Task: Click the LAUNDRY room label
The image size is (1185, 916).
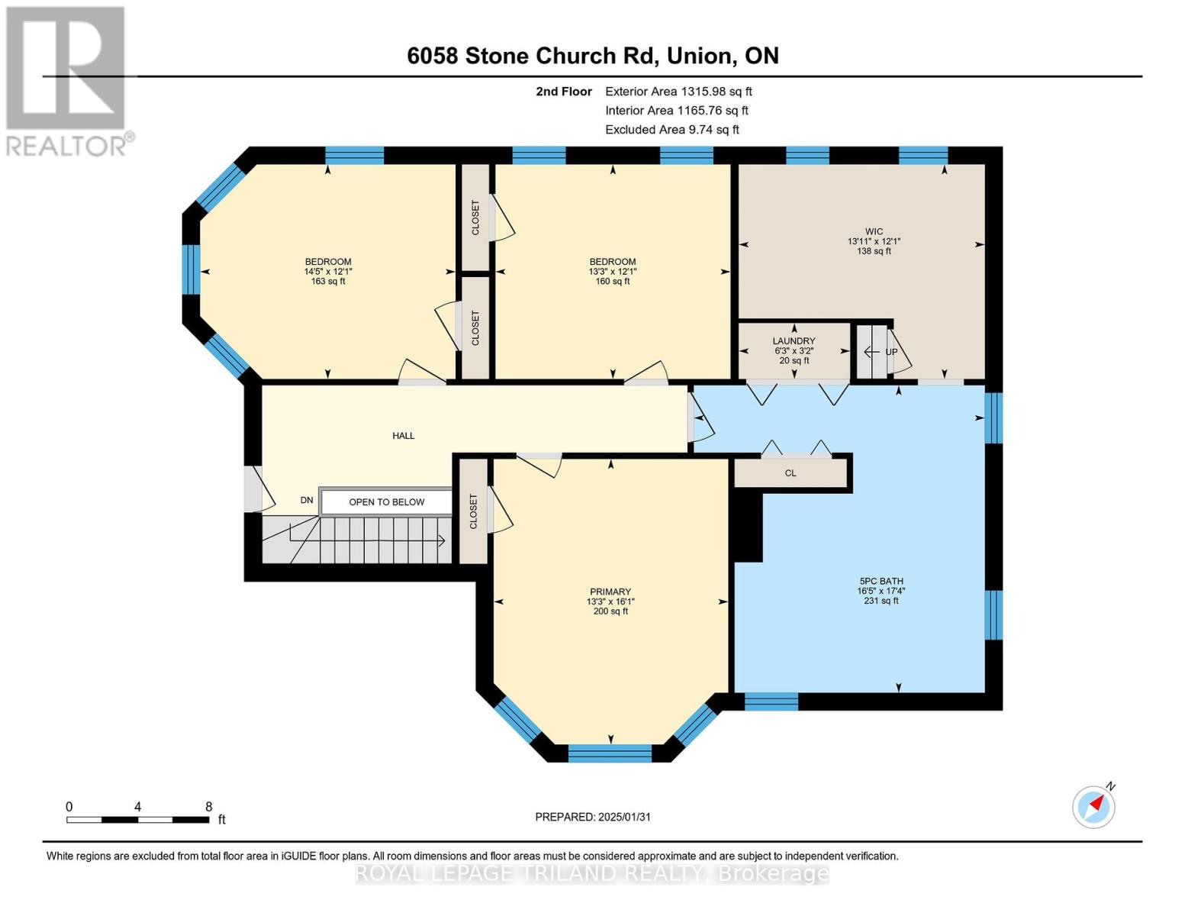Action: (x=794, y=341)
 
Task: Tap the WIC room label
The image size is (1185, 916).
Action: (x=874, y=231)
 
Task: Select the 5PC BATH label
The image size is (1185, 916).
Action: (x=881, y=581)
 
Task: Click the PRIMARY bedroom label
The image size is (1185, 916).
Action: (x=610, y=592)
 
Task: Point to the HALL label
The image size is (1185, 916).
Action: (x=403, y=436)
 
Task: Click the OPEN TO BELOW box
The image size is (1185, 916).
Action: (x=386, y=502)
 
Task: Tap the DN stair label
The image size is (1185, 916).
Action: (x=307, y=501)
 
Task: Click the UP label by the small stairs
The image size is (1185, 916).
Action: (x=890, y=352)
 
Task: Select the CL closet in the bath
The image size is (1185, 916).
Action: (x=791, y=473)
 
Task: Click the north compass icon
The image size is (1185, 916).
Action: (x=1093, y=806)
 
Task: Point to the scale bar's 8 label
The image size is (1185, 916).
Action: (x=208, y=807)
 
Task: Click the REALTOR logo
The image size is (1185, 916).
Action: (x=67, y=80)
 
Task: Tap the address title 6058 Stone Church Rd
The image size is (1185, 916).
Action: (x=592, y=56)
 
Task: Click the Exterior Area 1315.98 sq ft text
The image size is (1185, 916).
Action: (x=678, y=92)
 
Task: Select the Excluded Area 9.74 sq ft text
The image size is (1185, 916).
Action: (x=671, y=130)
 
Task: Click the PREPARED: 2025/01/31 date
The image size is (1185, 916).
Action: (x=593, y=817)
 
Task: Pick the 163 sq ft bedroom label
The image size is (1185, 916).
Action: (x=328, y=281)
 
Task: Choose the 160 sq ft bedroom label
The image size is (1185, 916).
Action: (x=612, y=281)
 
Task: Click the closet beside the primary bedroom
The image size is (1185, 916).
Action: (x=473, y=511)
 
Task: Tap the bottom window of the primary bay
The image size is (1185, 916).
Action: (x=610, y=753)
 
